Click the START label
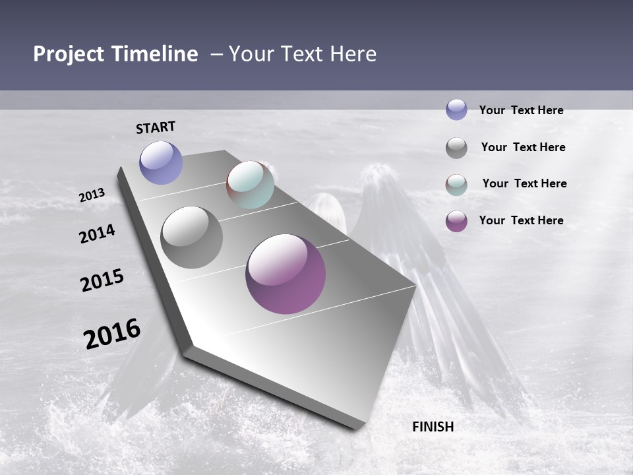pos(156,127)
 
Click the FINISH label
pos(433,427)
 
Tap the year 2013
pos(92,195)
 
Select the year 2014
pos(98,234)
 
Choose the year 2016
pos(113,333)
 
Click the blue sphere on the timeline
pos(161,162)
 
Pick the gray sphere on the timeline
pos(192,237)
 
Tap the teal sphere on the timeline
pos(251,185)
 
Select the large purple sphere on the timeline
pos(286,274)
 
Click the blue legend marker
pos(456,110)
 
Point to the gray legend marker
pos(456,148)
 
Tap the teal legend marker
pos(456,185)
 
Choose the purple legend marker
pos(456,221)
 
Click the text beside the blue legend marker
pos(521,110)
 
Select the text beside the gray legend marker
pos(523,147)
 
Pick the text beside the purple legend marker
pos(521,220)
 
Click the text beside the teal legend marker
pos(524,183)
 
